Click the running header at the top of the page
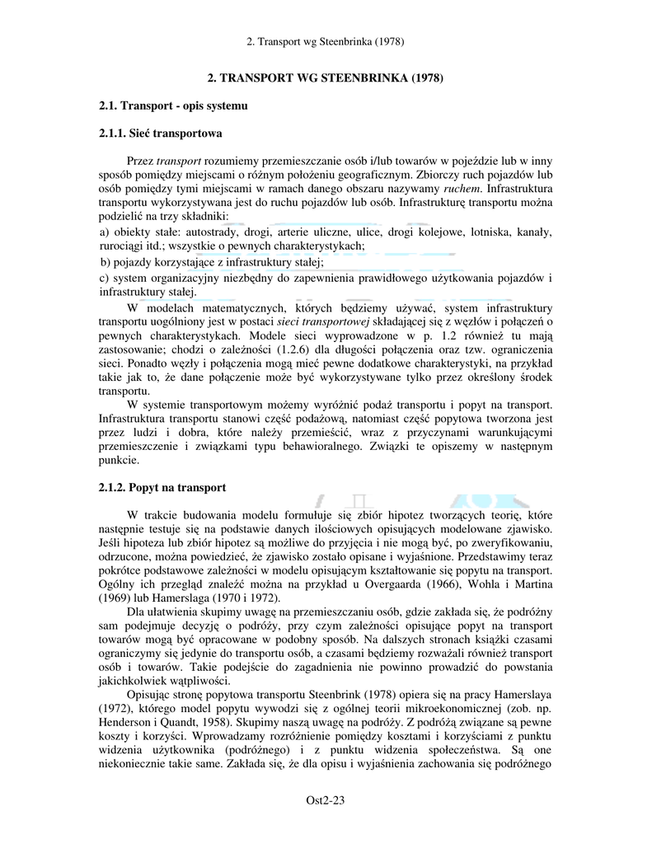click(x=325, y=40)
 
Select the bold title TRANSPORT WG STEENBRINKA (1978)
click(x=326, y=78)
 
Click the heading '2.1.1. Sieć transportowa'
click(x=160, y=132)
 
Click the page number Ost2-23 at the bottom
click(x=325, y=799)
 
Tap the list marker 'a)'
click(x=104, y=232)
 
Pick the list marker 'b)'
click(x=105, y=262)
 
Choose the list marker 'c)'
click(x=104, y=278)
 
